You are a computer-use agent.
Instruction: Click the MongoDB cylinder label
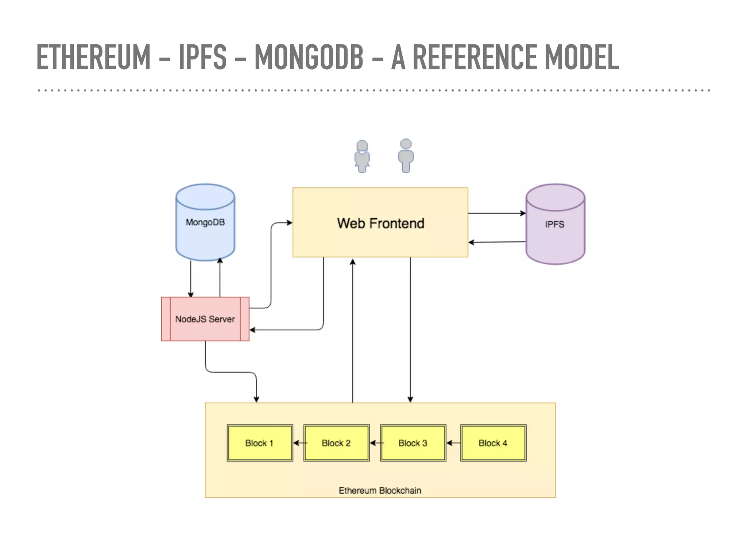[205, 222]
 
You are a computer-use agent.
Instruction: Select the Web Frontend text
[380, 223]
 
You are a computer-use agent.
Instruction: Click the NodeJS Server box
[205, 319]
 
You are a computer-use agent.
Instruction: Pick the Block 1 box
[260, 443]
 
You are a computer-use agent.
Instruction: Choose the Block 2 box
[336, 443]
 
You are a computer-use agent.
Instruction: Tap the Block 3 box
[413, 443]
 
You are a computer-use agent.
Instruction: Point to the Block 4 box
[493, 443]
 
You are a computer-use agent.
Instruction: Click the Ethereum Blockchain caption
[380, 490]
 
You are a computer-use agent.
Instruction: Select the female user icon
[362, 156]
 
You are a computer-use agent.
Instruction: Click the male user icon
[406, 156]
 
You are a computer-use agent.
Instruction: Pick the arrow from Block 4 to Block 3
[453, 443]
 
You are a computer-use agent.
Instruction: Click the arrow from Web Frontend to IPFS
[497, 213]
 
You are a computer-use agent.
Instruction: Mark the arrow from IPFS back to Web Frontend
[497, 242]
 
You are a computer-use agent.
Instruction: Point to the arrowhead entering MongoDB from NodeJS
[220, 260]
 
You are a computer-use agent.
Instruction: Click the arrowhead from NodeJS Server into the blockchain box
[256, 399]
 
